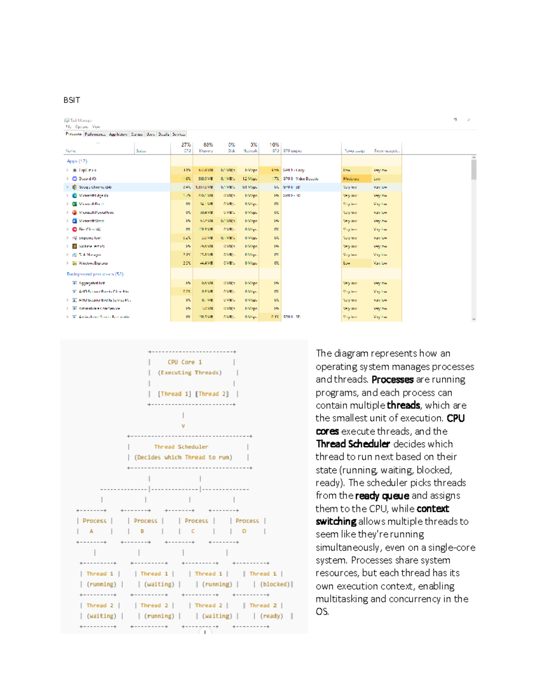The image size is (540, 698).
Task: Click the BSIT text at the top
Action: (72, 100)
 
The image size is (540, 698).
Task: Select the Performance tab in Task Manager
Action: (95, 134)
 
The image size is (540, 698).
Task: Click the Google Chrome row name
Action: (95, 187)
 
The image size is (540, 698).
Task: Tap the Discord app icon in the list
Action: (75, 178)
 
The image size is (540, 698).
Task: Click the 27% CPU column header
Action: (186, 145)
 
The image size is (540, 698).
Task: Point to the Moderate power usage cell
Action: (351, 178)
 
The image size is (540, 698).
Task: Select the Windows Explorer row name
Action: (93, 263)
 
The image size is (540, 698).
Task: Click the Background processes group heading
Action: (95, 274)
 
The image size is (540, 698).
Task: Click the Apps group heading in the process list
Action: (77, 161)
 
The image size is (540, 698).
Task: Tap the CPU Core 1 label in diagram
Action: (184, 362)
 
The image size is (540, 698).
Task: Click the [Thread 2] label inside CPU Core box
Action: (213, 394)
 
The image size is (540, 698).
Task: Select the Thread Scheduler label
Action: (181, 447)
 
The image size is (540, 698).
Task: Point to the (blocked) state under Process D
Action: (275, 584)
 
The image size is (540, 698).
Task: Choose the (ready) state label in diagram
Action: (271, 616)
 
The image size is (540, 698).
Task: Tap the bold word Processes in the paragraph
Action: (392, 380)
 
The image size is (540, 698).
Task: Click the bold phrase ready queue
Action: (382, 496)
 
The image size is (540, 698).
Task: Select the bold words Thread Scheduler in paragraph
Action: (352, 444)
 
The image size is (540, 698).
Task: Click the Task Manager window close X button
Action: (468, 120)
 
